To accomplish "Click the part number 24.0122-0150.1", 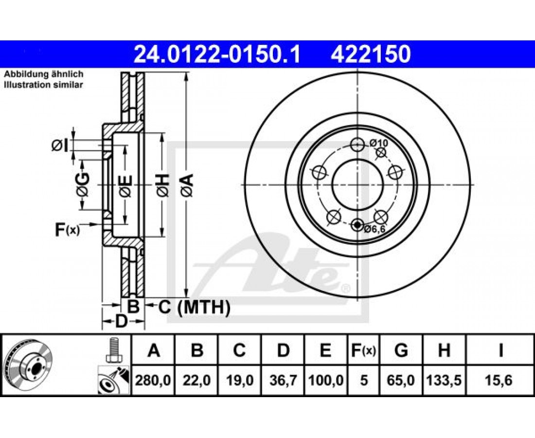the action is pyautogui.click(x=217, y=55).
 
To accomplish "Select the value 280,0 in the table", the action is pyautogui.click(x=153, y=380).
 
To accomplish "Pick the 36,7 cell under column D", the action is pyautogui.click(x=283, y=380).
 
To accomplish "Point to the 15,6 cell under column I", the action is pyautogui.click(x=500, y=380).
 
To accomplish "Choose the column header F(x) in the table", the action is pyautogui.click(x=363, y=350).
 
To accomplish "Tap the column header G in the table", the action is pyautogui.click(x=401, y=350).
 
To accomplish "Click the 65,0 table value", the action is pyautogui.click(x=401, y=380).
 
